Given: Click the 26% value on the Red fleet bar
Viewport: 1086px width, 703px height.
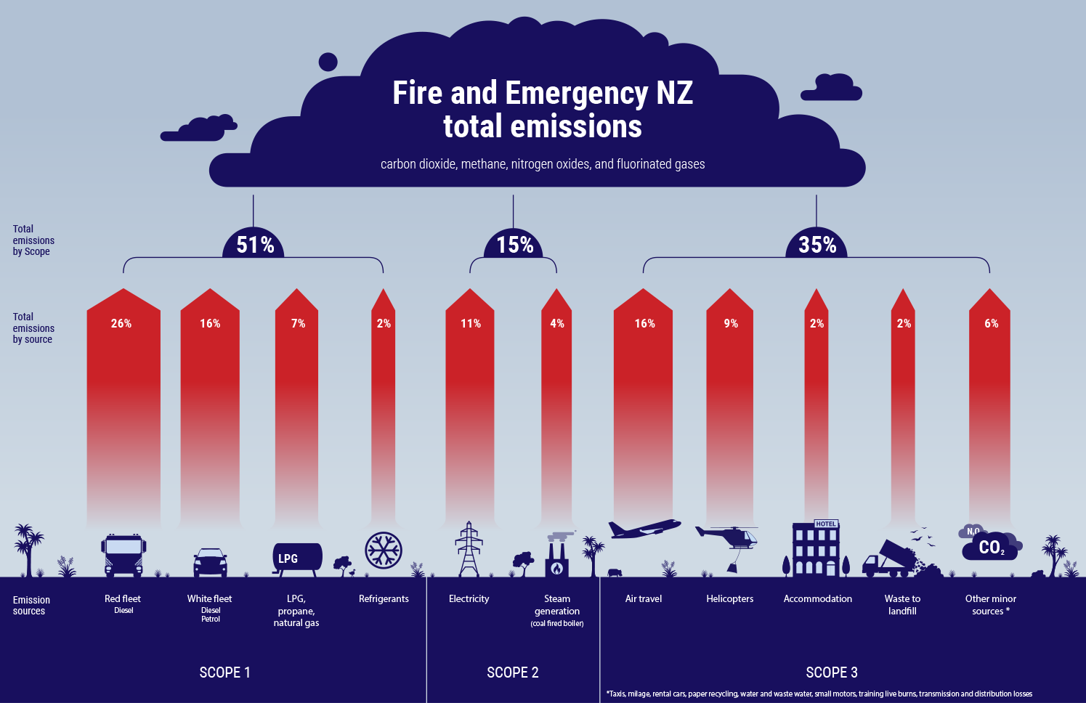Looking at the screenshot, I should tap(121, 323).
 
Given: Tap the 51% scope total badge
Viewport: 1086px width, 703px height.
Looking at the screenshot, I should tap(255, 245).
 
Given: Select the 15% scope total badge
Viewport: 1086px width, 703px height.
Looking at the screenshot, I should tap(514, 245).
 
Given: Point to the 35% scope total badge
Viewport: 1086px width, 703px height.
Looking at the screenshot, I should tap(817, 245).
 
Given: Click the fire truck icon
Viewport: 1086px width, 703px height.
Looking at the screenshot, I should tap(123, 556).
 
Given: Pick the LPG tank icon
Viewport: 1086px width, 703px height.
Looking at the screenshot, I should tap(296, 558).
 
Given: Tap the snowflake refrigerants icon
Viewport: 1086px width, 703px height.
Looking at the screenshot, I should tap(384, 550).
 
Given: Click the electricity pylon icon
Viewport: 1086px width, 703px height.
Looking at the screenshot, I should tap(469, 549).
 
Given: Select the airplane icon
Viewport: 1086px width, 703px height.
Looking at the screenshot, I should tap(644, 529).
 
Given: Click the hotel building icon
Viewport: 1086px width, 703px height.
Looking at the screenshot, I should tap(816, 549).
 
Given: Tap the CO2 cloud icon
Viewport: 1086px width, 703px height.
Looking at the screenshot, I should tap(991, 545).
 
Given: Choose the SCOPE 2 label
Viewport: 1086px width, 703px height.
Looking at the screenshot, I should tap(513, 672).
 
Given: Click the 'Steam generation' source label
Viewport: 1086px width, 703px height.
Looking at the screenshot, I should tap(557, 605).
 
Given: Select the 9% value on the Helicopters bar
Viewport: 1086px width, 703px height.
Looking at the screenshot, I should tap(731, 323).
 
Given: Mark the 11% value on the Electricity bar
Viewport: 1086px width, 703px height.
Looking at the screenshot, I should tap(471, 323).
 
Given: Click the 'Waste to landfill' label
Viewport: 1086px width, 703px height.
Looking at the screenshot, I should tap(902, 604).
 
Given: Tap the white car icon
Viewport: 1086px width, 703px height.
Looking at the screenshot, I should tap(210, 562).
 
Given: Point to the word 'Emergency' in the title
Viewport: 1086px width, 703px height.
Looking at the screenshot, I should tap(576, 93).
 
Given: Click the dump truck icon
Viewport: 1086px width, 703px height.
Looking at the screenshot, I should tap(889, 559).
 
